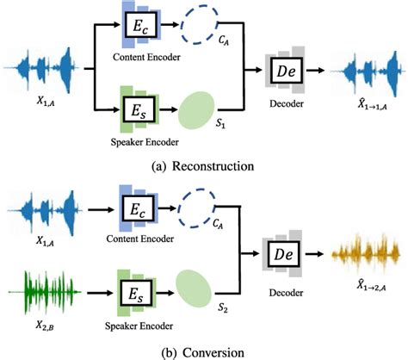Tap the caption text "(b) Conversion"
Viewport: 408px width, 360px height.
pos(203,351)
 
